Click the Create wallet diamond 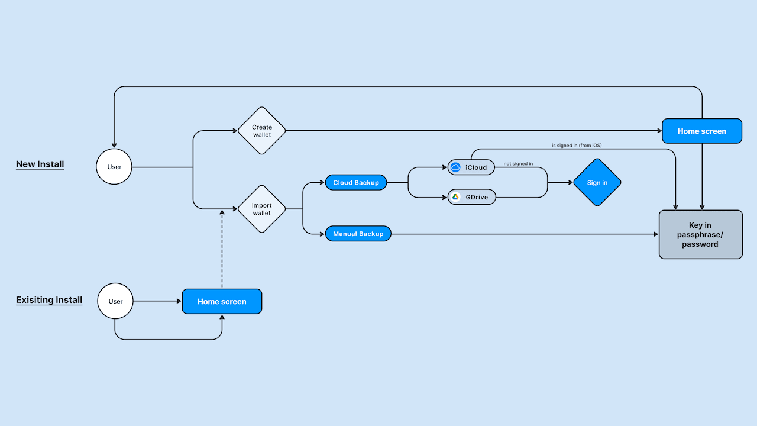(x=261, y=131)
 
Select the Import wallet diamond (x=261, y=209)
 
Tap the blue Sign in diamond (x=597, y=182)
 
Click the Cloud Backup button (x=356, y=183)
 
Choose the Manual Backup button (x=358, y=234)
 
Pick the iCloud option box (x=471, y=167)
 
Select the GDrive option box (x=471, y=197)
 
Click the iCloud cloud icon (x=455, y=167)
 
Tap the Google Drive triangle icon (x=456, y=197)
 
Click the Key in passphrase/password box (x=700, y=234)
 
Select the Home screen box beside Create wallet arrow (x=701, y=131)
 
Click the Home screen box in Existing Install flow (x=222, y=301)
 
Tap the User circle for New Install (x=114, y=167)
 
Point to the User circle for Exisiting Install (x=115, y=301)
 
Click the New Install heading (x=40, y=164)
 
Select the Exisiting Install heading (x=49, y=300)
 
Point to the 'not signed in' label (x=518, y=164)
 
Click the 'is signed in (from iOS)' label (x=577, y=145)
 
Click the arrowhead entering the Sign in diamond (x=570, y=182)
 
